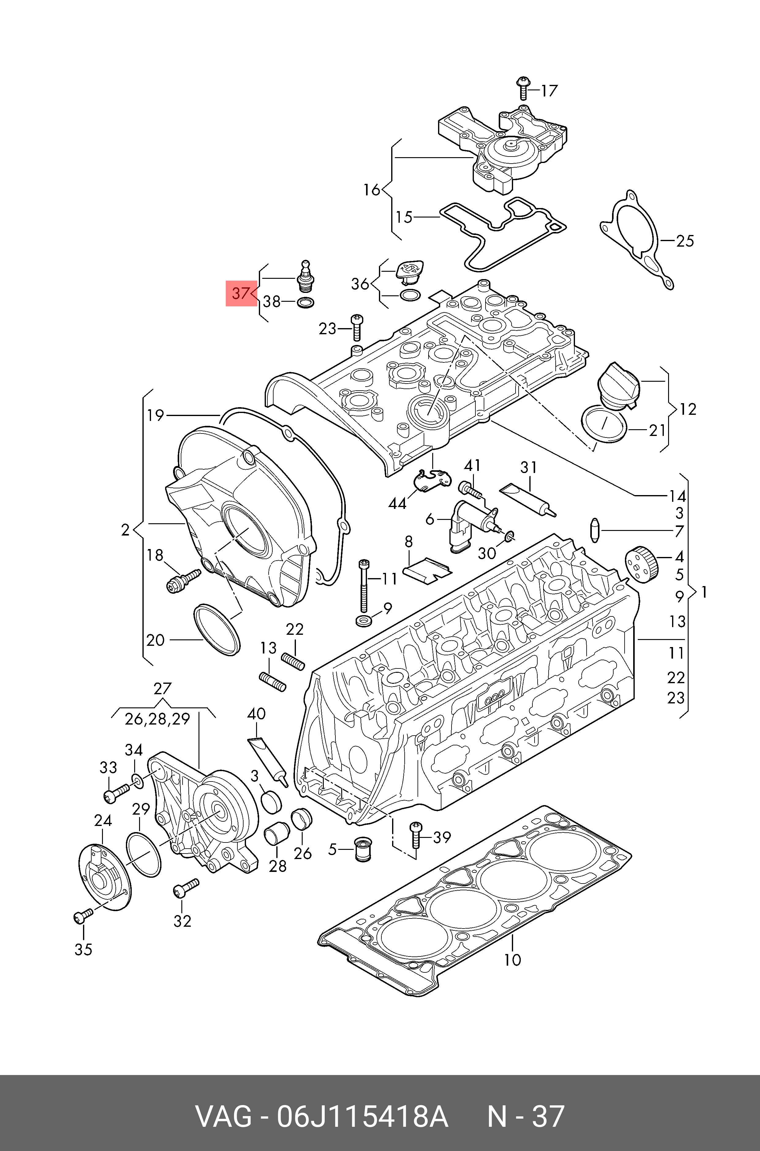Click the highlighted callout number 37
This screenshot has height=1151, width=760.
[x=241, y=293]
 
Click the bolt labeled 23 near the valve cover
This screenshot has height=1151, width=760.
[x=357, y=327]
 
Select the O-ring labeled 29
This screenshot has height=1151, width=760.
[x=143, y=854]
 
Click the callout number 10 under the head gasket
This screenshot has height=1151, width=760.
[x=512, y=960]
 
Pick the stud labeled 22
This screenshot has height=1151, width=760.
[x=293, y=661]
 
